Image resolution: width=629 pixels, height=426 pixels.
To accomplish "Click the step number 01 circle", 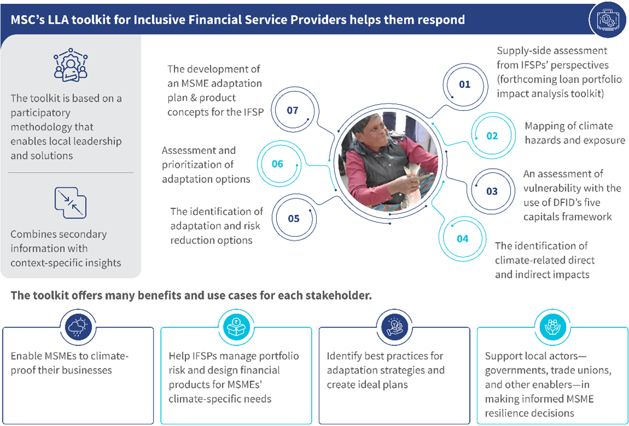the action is pyautogui.click(x=465, y=84).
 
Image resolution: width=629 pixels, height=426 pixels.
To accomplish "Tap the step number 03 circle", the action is pyautogui.click(x=492, y=191).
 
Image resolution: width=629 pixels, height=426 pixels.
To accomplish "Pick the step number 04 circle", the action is pyautogui.click(x=463, y=239).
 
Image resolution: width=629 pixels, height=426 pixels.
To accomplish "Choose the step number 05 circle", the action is pyautogui.click(x=294, y=219).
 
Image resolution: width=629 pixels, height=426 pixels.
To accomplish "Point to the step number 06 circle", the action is pyautogui.click(x=278, y=164).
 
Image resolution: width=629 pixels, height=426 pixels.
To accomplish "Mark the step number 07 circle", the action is pyautogui.click(x=293, y=110).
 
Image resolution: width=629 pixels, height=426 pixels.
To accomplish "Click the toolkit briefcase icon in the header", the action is pyautogui.click(x=608, y=19).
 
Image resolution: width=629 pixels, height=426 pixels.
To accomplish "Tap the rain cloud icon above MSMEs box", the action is pyautogui.click(x=78, y=328).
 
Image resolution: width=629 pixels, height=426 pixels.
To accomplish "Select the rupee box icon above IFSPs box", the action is pyautogui.click(x=236, y=328).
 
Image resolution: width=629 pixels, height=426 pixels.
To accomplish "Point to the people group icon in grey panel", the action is pyautogui.click(x=71, y=65).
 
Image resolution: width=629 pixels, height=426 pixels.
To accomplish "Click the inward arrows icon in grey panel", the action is pyautogui.click(x=71, y=203).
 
